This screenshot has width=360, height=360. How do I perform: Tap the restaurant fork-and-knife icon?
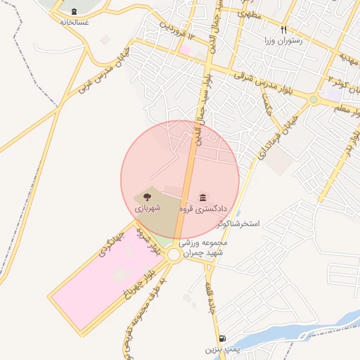pos(284,30)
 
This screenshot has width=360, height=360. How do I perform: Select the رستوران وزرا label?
pos(283,41)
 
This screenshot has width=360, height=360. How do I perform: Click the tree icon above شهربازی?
pos(147,197)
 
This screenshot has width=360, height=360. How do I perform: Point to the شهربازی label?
pos(148,208)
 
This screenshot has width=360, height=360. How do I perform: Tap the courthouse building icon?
pos(203,197)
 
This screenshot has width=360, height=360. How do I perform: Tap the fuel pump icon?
pos(222,338)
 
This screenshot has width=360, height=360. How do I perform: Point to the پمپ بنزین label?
pos(219,349)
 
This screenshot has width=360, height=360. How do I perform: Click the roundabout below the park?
pos(174,255)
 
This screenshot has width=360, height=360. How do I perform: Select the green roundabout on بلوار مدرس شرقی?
pos(313,100)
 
